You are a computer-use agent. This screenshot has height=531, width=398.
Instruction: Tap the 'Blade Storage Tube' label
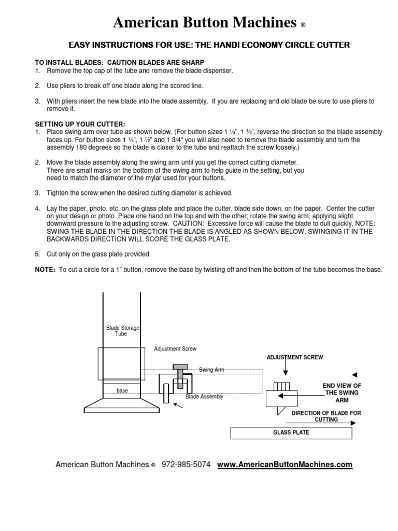click(122, 331)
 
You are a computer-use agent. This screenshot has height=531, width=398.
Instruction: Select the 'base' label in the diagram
click(122, 390)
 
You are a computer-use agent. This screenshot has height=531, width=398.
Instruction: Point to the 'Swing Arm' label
click(210, 370)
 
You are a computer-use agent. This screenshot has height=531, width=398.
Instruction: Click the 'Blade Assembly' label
click(204, 397)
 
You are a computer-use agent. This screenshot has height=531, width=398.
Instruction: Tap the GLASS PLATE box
click(291, 432)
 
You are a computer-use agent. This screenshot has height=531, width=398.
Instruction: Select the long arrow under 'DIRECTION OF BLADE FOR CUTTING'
click(318, 423)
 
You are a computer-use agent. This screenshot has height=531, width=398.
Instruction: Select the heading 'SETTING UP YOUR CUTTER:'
click(80, 124)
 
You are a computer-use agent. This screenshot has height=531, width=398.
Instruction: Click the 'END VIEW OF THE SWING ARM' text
click(342, 393)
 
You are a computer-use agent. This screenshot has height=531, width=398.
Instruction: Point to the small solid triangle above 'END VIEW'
click(354, 374)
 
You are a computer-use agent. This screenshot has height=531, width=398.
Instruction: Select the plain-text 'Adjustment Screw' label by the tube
click(175, 349)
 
